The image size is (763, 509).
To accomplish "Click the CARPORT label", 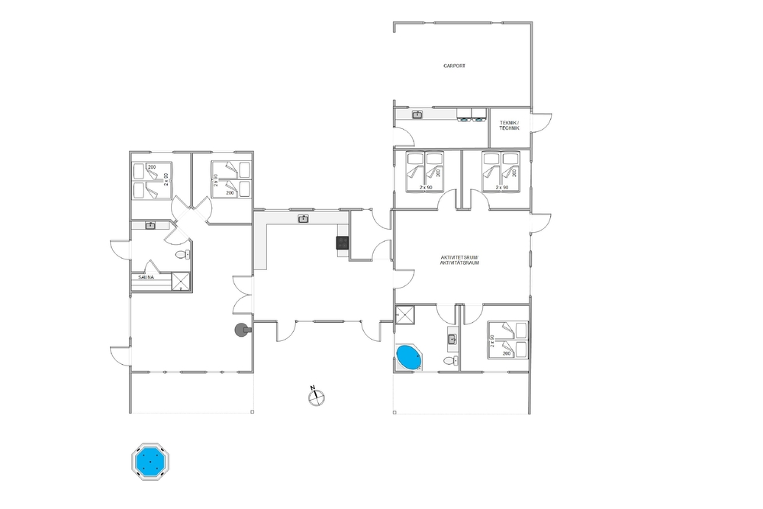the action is (454, 66).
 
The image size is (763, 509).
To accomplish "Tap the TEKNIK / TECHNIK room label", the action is (509, 126).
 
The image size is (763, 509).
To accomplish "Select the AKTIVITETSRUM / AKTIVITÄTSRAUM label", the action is (459, 260).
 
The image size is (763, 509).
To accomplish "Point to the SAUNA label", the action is (146, 277).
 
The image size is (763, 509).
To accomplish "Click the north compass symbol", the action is (317, 396).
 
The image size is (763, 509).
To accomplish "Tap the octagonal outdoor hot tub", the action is (150, 462).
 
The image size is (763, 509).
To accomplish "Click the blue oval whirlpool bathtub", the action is (409, 357).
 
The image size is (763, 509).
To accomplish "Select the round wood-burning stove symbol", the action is (242, 330).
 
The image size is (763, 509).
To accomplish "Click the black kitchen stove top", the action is (343, 242).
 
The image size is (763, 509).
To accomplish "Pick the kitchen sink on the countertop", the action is (303, 219).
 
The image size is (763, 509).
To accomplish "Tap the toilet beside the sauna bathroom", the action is (183, 255).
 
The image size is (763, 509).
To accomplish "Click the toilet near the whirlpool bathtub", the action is (451, 361).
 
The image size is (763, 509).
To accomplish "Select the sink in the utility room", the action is (417, 114).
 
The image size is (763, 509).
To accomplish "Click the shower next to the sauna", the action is (181, 282).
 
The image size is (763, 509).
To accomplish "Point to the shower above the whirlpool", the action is (404, 314).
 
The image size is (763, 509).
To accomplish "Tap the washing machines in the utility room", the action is (472, 114).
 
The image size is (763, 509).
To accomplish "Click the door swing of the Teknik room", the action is (541, 123).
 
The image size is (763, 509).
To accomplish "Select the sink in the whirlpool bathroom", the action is (452, 338).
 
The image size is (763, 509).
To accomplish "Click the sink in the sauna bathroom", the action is (150, 225).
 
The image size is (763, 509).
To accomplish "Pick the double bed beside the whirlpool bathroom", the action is (508, 340).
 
